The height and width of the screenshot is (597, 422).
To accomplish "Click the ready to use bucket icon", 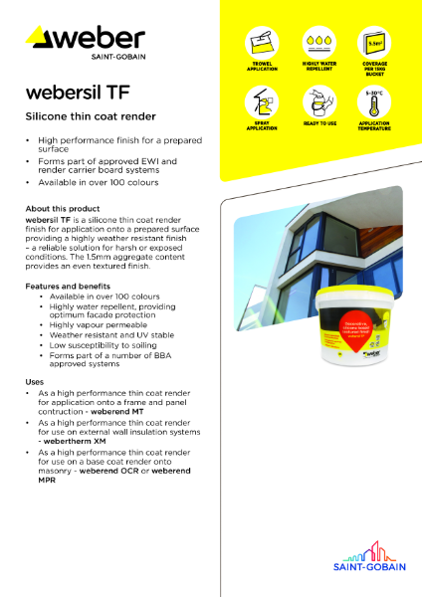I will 317,104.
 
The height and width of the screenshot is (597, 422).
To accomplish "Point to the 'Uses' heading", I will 35,382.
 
